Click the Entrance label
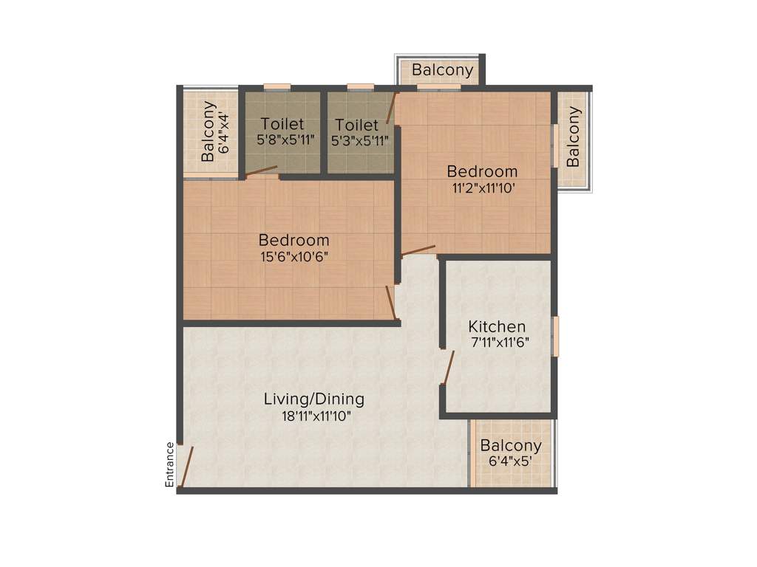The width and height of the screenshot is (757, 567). point(169,464)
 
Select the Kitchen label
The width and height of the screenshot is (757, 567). point(497,326)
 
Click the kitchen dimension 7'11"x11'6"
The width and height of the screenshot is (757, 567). point(500,342)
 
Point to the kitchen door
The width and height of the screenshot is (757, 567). point(448,368)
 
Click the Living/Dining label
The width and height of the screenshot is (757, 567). point(314,399)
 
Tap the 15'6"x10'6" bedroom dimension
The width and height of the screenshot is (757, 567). point(293,256)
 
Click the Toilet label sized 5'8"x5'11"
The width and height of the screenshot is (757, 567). point(282,124)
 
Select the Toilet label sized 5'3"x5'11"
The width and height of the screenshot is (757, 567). point(356,125)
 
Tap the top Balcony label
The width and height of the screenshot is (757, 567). point(442,70)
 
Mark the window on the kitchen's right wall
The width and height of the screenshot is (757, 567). point(556,337)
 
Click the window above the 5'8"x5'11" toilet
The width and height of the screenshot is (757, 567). point(277,86)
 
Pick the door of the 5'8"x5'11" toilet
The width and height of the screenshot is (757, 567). point(262,171)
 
